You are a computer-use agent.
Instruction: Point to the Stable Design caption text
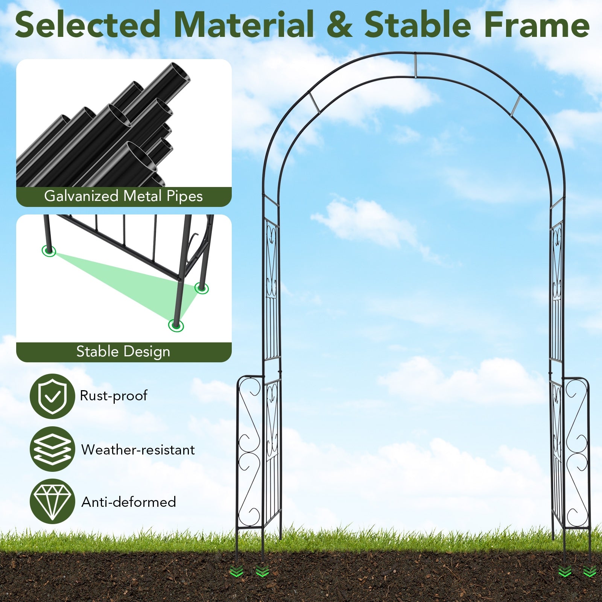123,352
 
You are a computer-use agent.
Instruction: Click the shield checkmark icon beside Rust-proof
52,396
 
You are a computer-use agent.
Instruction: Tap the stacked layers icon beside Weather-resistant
52,449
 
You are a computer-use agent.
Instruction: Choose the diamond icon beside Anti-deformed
52,501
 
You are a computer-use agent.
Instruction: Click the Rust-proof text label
114,396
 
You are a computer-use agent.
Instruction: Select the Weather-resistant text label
138,450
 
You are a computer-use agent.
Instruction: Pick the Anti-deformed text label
129,502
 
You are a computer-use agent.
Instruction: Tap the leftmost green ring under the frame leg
49,251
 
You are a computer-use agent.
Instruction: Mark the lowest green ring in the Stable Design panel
176,325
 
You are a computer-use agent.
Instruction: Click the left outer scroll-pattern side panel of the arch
249,451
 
